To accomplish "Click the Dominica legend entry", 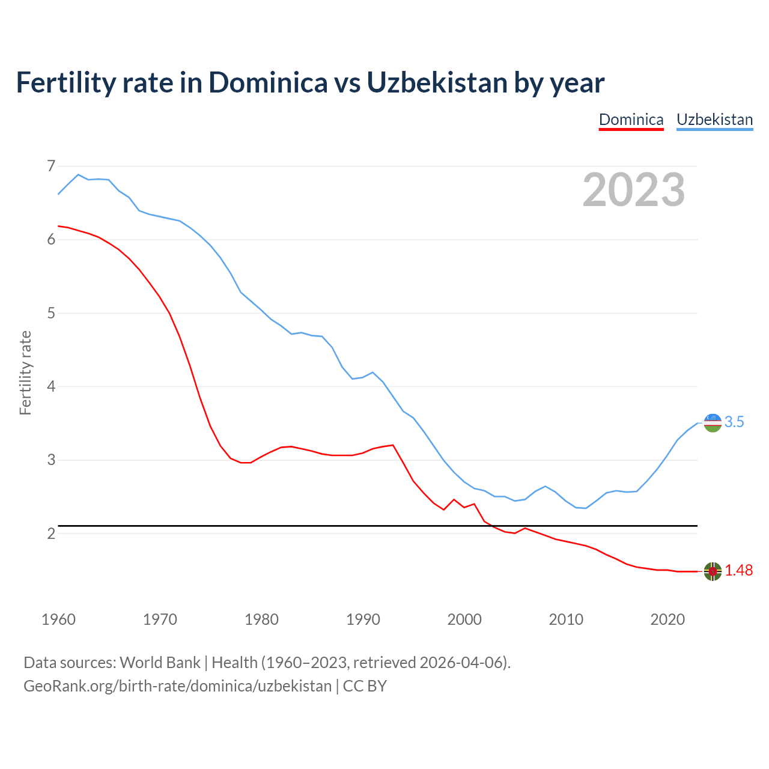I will pyautogui.click(x=631, y=120).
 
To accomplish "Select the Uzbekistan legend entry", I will pyautogui.click(x=714, y=120).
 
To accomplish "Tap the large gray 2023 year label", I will pyautogui.click(x=633, y=190).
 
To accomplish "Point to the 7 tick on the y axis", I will pyautogui.click(x=50, y=166).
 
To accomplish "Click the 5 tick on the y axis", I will pyautogui.click(x=50, y=313).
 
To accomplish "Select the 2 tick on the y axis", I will pyautogui.click(x=50, y=533).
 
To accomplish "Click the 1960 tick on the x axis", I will pyautogui.click(x=58, y=619).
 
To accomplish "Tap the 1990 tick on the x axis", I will pyautogui.click(x=363, y=619).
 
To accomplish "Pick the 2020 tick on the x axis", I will pyautogui.click(x=667, y=619).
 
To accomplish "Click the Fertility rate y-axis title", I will pyautogui.click(x=25, y=372).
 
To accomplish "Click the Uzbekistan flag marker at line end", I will pyautogui.click(x=713, y=423).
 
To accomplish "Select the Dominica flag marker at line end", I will pyautogui.click(x=713, y=571).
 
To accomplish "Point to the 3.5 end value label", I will pyautogui.click(x=734, y=422).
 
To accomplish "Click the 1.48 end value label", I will pyautogui.click(x=738, y=571).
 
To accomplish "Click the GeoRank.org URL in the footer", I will pyautogui.click(x=177, y=686).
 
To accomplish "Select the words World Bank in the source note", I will pyautogui.click(x=160, y=663).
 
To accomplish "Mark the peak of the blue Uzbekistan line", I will pyautogui.click(x=78, y=174).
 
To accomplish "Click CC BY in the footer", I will pyautogui.click(x=365, y=686).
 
